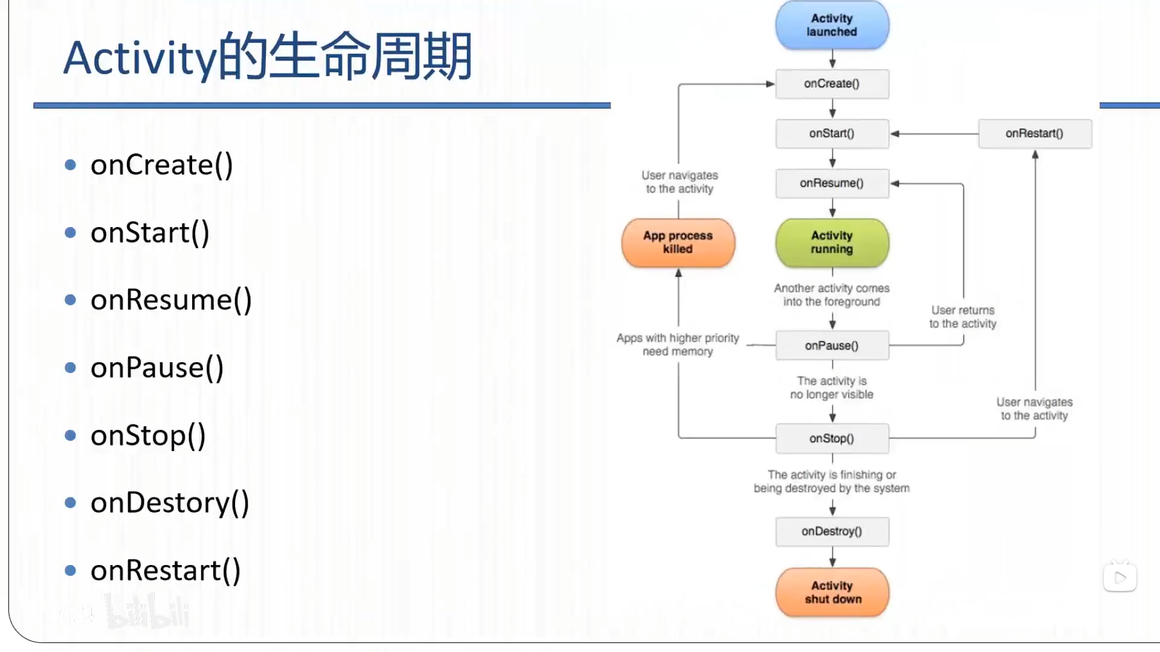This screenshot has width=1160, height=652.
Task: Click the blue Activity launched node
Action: coord(832,25)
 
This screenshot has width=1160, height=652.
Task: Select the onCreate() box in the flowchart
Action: coord(832,84)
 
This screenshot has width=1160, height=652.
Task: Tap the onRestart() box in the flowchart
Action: coord(1034,133)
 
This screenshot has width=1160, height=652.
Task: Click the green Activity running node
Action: coord(832,243)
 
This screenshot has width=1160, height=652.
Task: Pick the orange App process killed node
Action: coord(678,243)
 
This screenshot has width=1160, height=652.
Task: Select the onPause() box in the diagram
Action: coord(832,346)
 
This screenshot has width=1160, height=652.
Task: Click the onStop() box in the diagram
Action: coord(832,439)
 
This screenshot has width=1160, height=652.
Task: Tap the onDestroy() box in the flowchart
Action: coord(832,532)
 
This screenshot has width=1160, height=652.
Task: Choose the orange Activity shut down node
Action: coord(832,592)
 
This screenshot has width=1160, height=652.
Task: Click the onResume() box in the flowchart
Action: coord(832,184)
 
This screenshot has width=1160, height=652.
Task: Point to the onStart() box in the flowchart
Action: coord(832,133)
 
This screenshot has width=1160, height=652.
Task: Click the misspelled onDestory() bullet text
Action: coord(170,503)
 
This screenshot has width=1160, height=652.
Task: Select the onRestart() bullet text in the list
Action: coord(166,570)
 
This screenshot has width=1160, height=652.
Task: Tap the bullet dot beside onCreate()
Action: coord(71,165)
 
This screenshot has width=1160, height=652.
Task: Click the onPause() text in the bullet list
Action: coord(157,368)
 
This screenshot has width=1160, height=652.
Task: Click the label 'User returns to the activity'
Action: coord(962,317)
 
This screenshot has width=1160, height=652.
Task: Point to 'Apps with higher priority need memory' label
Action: coord(678,345)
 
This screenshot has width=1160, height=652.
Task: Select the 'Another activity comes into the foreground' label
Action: coord(831,295)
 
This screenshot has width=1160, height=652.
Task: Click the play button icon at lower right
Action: coord(1120,578)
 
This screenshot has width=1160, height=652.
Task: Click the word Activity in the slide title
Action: coord(139,59)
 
